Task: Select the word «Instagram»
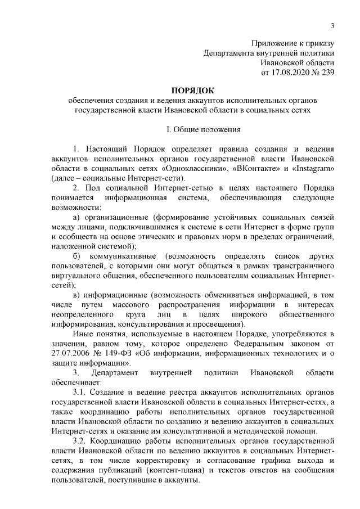312,169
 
